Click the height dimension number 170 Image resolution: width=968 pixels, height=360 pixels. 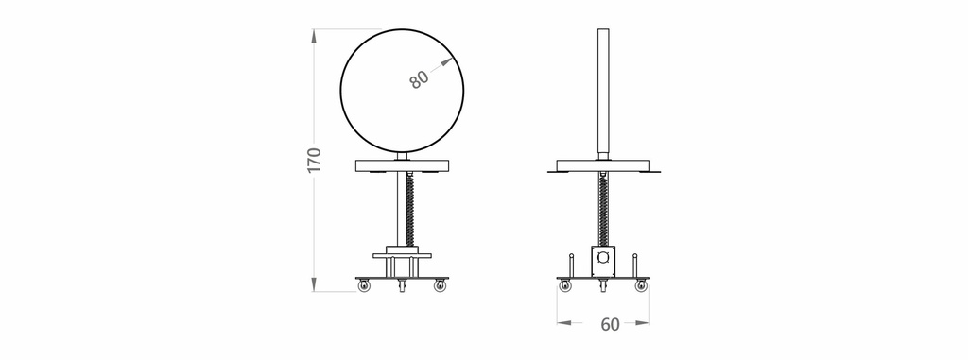[314, 160]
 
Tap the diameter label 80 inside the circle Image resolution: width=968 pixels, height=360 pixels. [419, 79]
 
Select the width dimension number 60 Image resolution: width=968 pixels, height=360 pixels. [610, 324]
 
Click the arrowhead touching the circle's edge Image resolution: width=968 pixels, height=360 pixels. [447, 61]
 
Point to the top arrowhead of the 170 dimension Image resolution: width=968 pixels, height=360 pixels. [314, 36]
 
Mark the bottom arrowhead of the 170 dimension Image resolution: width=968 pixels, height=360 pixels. [314, 284]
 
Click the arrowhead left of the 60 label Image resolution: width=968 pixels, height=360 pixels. [563, 322]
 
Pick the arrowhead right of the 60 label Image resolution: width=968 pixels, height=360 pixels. [643, 322]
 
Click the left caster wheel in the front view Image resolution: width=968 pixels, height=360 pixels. [364, 285]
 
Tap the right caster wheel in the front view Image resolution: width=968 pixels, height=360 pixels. [440, 285]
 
